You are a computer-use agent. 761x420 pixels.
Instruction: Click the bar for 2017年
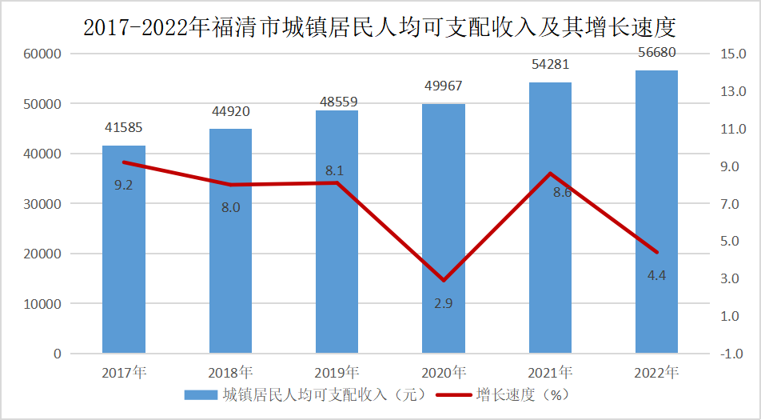[123, 249]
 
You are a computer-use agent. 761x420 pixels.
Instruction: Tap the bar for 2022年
[656, 212]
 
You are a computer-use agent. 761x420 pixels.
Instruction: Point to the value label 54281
[550, 64]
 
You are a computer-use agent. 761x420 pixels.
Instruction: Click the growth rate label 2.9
[444, 303]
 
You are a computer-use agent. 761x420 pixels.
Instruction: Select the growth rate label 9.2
[123, 185]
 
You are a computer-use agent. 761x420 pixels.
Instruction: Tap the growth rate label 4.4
[656, 275]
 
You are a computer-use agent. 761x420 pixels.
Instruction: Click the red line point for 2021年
[550, 174]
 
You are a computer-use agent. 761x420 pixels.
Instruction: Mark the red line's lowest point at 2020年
[444, 281]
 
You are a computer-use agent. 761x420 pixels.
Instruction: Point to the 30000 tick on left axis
[46, 204]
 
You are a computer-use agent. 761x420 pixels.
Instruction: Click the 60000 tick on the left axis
[46, 54]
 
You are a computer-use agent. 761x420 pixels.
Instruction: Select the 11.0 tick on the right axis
[732, 129]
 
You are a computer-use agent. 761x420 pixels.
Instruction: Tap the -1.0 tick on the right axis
[732, 354]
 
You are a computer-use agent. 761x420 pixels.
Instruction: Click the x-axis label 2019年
[337, 372]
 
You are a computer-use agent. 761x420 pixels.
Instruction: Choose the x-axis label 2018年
[230, 372]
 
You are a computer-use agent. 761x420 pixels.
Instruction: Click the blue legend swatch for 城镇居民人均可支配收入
[200, 394]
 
